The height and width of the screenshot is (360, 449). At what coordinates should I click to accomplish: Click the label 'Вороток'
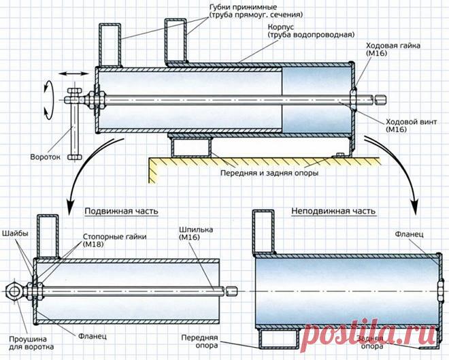point(46,157)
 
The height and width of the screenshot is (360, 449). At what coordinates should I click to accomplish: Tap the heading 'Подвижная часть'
point(121,211)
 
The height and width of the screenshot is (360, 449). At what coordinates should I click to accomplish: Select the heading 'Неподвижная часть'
point(333,211)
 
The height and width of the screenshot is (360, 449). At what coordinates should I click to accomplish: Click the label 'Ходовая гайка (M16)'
point(393,49)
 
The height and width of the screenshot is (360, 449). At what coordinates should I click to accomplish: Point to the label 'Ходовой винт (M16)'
point(411,125)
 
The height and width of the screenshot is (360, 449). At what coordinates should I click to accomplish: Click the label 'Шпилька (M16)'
point(196,233)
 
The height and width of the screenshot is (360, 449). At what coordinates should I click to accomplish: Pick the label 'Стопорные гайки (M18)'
point(115,240)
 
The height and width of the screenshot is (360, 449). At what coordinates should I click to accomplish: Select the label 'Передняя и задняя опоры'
point(269,173)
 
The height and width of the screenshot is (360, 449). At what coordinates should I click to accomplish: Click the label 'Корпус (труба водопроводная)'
point(311,31)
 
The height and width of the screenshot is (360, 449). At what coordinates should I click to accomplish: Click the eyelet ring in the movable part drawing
point(14,291)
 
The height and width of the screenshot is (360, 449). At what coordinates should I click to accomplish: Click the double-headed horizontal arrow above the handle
point(73,74)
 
